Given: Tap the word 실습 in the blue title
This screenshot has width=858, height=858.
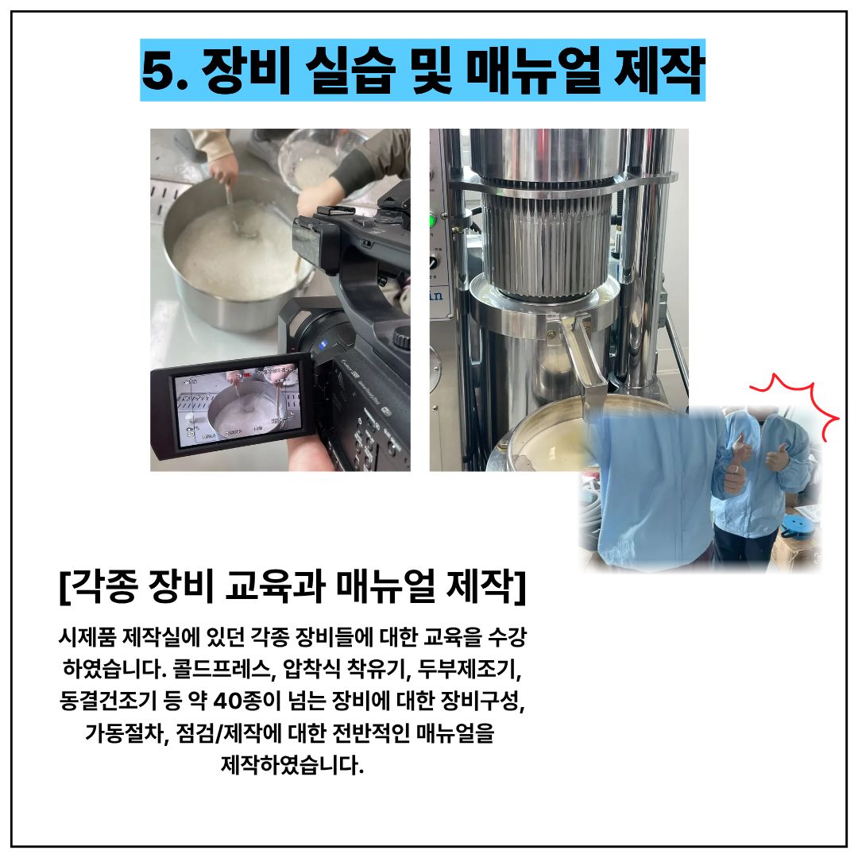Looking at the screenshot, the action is [x=350, y=70].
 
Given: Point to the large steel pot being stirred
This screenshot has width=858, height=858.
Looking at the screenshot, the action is [x=235, y=257].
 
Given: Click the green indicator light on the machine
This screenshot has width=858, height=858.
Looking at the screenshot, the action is [x=432, y=222].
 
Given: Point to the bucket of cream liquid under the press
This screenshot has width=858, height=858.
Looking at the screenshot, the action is [x=550, y=438].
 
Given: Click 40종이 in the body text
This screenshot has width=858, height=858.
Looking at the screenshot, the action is [x=245, y=701].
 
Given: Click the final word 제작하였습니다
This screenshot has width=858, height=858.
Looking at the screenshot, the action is [x=292, y=764].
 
